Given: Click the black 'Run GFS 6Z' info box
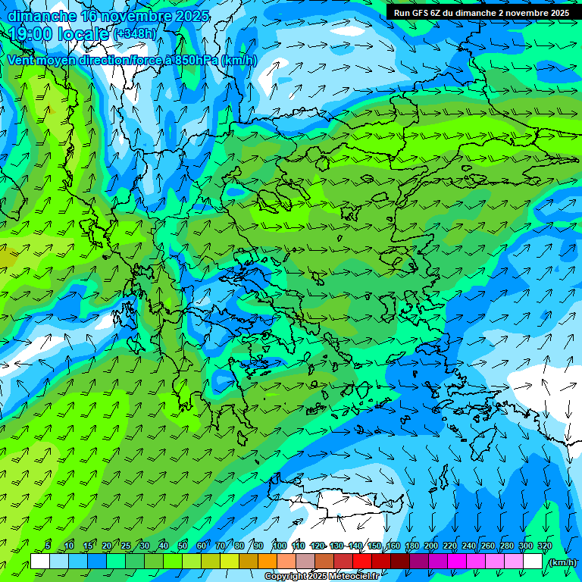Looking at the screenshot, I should [x=481, y=13].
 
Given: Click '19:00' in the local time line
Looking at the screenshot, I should [x=31, y=34].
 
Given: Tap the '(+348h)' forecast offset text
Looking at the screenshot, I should [x=135, y=34].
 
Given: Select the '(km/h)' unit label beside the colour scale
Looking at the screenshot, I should [x=562, y=562].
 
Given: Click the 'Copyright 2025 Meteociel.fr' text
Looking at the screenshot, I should [x=321, y=577].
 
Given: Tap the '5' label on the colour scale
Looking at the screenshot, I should [x=48, y=546].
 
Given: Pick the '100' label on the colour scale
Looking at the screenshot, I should [x=280, y=546].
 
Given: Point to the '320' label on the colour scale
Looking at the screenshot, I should [x=544, y=546].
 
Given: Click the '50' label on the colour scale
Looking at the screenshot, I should [x=182, y=546].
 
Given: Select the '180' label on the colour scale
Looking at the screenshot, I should [x=411, y=546].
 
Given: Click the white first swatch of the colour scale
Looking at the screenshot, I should [x=40, y=562].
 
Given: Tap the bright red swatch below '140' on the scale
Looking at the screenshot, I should [x=362, y=562].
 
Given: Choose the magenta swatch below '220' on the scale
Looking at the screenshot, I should [x=457, y=562].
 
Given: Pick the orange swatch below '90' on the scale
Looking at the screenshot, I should [x=268, y=562].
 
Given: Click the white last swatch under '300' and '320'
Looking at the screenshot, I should [x=533, y=562].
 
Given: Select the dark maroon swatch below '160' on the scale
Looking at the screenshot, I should [x=400, y=562].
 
